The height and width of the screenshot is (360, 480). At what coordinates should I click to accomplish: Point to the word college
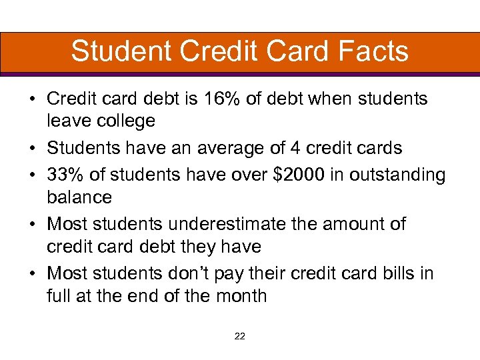click(121, 121)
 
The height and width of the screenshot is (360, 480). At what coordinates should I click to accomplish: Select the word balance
click(79, 197)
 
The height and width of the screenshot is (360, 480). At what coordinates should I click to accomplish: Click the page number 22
click(240, 337)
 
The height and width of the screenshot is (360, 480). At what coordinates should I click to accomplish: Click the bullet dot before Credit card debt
click(32, 99)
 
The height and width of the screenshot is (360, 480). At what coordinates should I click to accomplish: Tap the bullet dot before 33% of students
click(32, 175)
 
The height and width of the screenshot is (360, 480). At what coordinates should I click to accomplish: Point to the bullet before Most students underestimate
click(32, 225)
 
